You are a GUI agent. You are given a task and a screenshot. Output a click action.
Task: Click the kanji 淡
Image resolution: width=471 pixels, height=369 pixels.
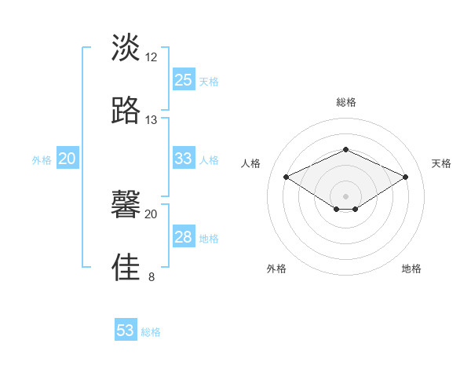126,48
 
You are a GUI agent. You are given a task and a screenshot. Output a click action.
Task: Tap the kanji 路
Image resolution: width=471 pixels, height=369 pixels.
126,110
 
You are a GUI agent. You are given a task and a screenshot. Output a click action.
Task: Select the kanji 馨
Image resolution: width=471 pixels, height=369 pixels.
126,205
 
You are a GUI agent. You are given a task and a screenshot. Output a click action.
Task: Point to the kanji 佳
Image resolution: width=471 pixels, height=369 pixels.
126,267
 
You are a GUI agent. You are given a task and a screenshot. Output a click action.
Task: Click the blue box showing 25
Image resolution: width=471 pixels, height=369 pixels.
184,80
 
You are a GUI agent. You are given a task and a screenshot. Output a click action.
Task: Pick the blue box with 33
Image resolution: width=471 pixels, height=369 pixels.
184,159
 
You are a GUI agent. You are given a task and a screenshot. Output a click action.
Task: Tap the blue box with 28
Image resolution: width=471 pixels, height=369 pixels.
184,237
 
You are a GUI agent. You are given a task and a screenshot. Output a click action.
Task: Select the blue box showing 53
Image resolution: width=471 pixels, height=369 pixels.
126,331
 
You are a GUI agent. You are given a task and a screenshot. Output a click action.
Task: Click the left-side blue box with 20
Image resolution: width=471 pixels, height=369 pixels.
67,159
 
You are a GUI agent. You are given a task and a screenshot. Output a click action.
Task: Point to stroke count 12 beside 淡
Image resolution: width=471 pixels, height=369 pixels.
152,57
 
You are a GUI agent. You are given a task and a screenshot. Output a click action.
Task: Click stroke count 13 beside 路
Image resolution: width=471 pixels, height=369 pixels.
152,119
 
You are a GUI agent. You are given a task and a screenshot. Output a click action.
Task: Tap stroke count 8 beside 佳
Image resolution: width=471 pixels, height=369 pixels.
152,276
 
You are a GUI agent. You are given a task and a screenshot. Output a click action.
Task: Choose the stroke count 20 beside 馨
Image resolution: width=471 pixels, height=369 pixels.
152,214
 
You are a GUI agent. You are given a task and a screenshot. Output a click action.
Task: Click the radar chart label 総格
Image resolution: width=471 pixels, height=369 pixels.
345,102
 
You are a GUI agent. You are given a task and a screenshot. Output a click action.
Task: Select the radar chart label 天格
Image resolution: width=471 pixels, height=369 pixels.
441,163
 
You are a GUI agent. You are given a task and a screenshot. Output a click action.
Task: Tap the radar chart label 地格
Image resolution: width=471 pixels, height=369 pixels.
411,269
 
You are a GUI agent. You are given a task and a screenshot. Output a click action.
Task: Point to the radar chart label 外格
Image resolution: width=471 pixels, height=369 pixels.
276,269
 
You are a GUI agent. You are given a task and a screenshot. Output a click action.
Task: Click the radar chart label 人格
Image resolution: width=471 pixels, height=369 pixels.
251,163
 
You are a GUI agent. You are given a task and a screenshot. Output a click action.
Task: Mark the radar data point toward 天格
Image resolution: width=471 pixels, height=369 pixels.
405,177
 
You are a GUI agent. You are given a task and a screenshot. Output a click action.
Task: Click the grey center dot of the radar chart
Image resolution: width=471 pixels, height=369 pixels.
345,195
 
